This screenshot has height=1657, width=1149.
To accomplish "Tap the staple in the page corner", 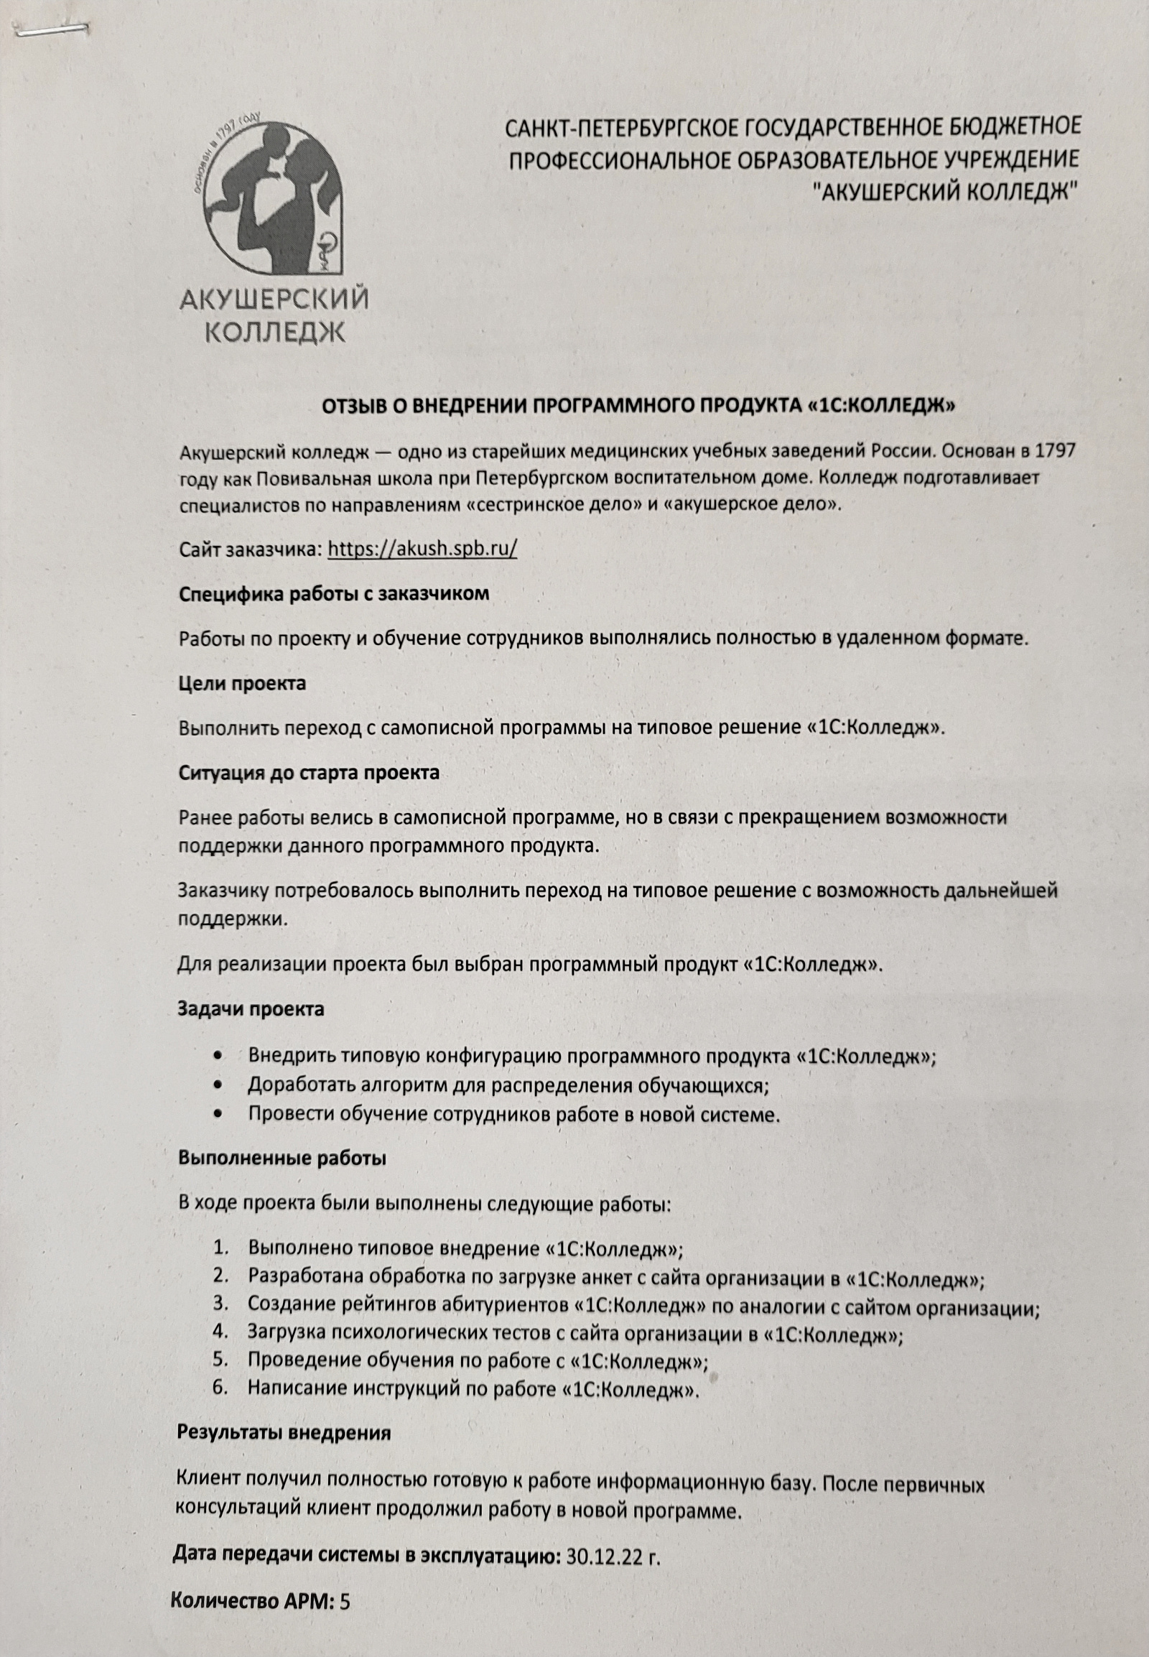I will [55, 29].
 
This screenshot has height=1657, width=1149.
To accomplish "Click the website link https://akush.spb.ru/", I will [422, 549].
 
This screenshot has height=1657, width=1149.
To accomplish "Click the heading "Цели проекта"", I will [242, 683].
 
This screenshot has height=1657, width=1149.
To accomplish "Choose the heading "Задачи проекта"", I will [251, 1009].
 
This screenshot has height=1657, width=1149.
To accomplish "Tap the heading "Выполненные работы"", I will [282, 1158].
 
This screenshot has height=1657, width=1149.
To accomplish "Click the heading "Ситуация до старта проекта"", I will [308, 773].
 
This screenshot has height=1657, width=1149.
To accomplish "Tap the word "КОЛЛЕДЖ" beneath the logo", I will [275, 332].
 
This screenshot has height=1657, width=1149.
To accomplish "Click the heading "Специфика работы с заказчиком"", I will [333, 594].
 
